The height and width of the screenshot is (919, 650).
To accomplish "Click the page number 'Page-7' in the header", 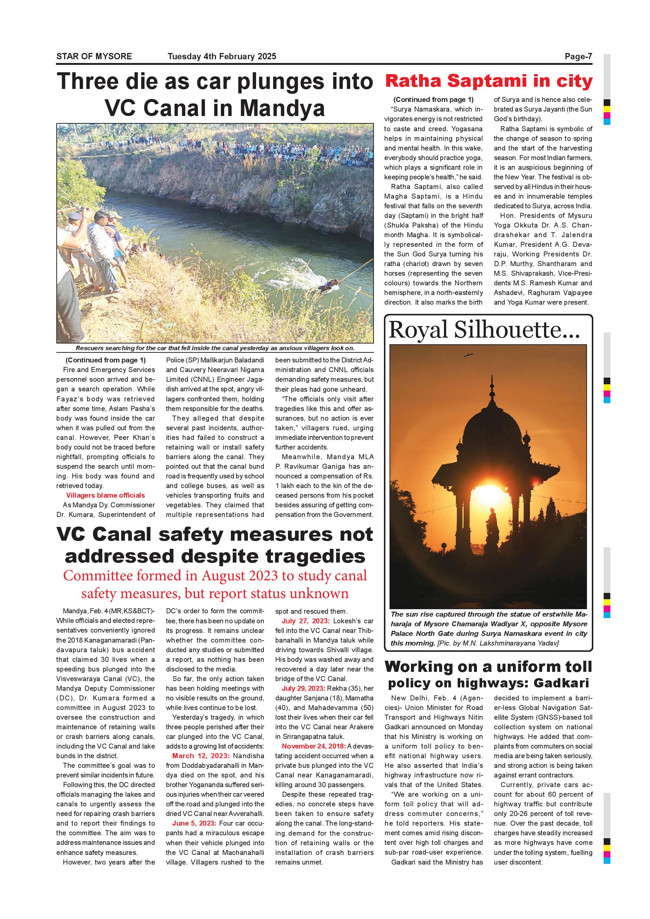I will [x=578, y=56].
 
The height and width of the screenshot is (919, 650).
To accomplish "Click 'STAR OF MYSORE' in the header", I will [x=94, y=56].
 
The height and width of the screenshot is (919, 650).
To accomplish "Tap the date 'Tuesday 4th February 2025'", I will [x=222, y=56].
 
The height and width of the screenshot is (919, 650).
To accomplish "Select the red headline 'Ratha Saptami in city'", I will [x=488, y=81].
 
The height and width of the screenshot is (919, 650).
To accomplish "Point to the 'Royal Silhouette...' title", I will [x=484, y=330].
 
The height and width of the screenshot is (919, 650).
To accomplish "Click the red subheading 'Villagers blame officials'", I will [x=106, y=495].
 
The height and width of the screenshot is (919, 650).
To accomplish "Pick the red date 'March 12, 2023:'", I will [x=201, y=756].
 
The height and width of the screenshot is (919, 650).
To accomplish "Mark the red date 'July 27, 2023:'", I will [x=306, y=621].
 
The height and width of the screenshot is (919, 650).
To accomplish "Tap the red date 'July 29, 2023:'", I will [x=304, y=688].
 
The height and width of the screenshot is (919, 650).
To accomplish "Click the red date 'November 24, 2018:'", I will [x=314, y=746].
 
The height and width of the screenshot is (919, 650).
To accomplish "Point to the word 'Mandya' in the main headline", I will [x=282, y=108].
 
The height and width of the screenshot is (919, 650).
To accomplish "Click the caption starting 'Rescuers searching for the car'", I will [x=215, y=348].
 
